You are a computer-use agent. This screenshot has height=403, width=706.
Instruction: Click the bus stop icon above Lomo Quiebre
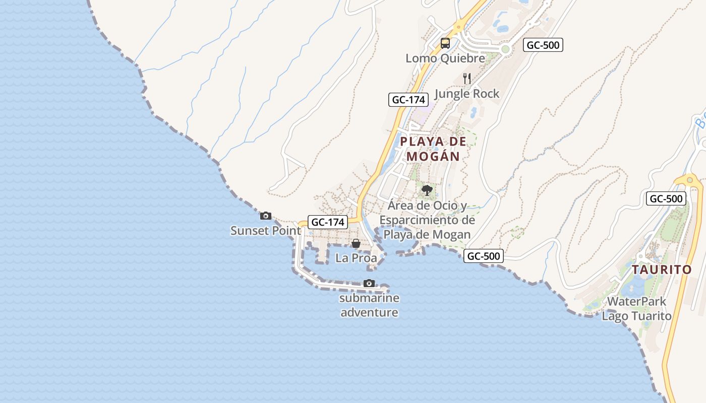pyautogui.click(x=445, y=43)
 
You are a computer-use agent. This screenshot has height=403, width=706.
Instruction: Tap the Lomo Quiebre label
pyautogui.click(x=445, y=58)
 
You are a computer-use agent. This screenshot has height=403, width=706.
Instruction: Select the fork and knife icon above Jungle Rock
pyautogui.click(x=467, y=78)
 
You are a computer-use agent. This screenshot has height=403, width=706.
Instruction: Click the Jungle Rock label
pyautogui.click(x=466, y=94)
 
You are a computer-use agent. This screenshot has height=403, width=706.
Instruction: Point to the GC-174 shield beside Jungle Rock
pyautogui.click(x=408, y=100)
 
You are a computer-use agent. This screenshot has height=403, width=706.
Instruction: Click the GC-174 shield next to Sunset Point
pyautogui.click(x=328, y=222)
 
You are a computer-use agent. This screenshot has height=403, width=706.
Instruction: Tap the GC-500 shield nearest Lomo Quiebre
pyautogui.click(x=543, y=45)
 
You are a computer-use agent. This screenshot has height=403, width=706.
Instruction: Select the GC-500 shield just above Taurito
pyautogui.click(x=666, y=198)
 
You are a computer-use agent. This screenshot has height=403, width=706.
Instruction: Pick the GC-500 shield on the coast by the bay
pyautogui.click(x=484, y=256)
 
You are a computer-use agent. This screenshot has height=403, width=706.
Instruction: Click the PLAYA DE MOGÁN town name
pyautogui.click(x=433, y=149)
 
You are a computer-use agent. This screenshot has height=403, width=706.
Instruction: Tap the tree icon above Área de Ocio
pyautogui.click(x=427, y=190)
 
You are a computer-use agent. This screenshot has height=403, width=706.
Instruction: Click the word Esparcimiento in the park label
pyautogui.click(x=427, y=220)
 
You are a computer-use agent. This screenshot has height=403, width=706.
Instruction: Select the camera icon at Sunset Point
pyautogui.click(x=265, y=216)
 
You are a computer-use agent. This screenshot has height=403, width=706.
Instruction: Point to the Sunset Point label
pyautogui.click(x=265, y=231)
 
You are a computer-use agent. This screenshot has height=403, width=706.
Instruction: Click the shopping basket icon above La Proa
pyautogui.click(x=356, y=244)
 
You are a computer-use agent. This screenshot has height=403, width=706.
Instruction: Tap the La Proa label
pyautogui.click(x=356, y=258)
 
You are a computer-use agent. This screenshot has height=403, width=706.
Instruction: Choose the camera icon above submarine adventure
pyautogui.click(x=369, y=284)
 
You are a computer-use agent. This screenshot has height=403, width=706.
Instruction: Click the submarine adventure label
pyautogui.click(x=369, y=305)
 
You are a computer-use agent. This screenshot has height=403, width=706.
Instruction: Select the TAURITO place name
pyautogui.click(x=662, y=270)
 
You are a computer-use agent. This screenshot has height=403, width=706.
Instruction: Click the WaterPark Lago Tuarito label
pyautogui.click(x=636, y=309)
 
